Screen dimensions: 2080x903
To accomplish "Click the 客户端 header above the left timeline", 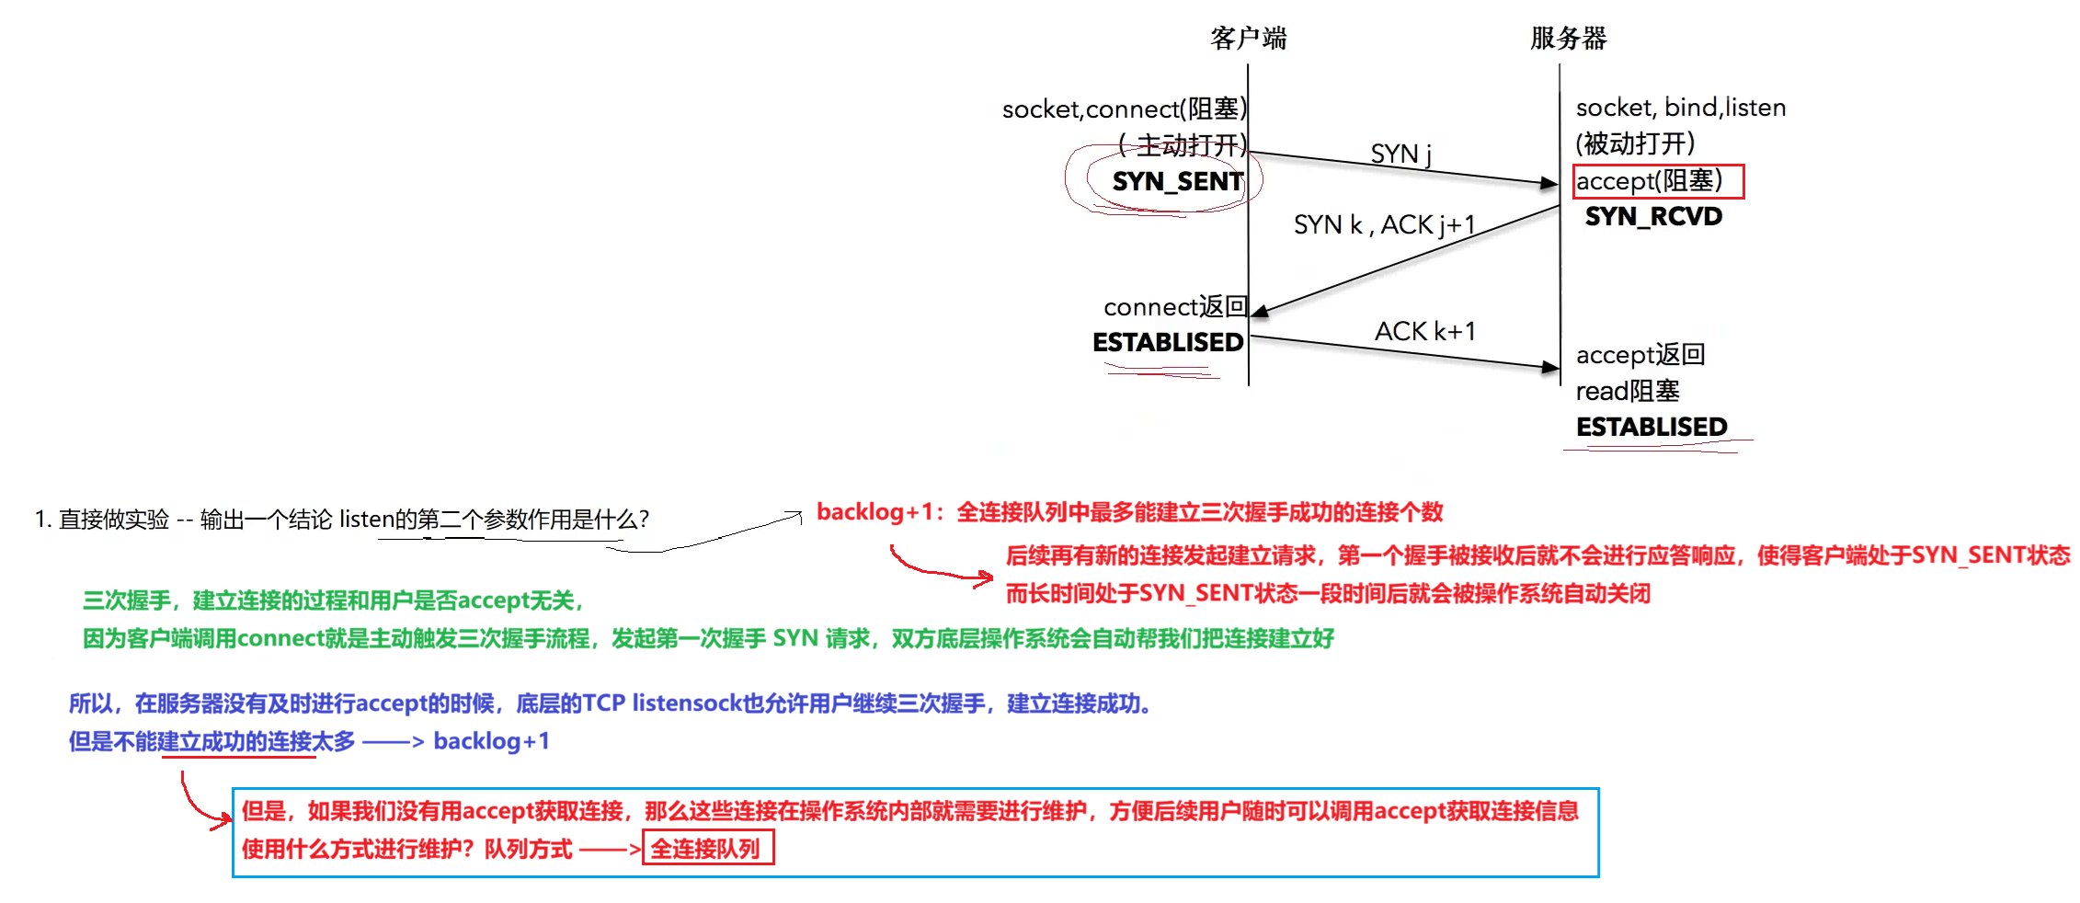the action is point(1248,39).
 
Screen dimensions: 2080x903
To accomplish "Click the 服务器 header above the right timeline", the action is point(1568,39).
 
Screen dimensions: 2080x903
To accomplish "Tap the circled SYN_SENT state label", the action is point(1178,182).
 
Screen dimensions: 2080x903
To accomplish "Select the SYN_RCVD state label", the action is point(1653,217).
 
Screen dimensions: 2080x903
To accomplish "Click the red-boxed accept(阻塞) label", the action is point(1658,181).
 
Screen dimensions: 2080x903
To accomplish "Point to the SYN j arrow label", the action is point(1400,154).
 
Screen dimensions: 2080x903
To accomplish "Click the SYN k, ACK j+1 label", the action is point(1384,225).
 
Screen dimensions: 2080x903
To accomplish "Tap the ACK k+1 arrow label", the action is point(1424,331).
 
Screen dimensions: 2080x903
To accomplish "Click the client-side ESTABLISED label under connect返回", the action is point(1168,343).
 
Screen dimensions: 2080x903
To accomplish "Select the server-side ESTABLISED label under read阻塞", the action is point(1651,428).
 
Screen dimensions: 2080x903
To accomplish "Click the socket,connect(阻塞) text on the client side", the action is point(1125,109).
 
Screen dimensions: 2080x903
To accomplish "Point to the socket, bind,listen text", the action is point(1681,108).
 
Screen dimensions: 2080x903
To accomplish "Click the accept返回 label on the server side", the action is point(1640,355).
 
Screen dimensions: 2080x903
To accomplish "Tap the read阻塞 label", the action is point(1628,392).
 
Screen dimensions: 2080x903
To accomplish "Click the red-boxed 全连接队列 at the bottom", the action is point(708,848).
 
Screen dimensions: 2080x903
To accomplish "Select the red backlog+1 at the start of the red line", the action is point(874,512).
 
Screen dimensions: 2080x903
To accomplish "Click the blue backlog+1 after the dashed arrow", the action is point(491,741).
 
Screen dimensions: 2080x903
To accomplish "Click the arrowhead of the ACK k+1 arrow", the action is point(1551,367).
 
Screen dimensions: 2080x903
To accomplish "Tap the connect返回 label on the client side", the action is point(1175,307).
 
